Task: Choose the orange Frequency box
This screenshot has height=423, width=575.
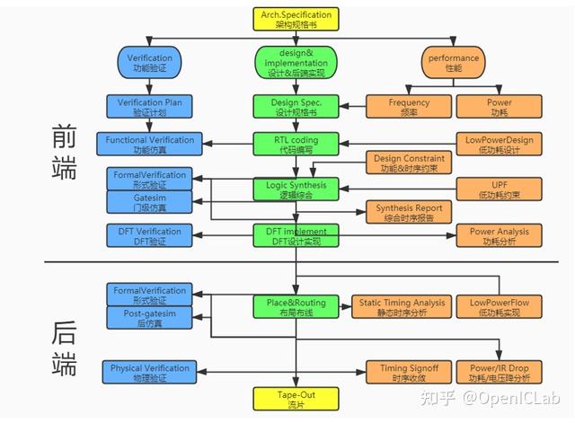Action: (409, 108)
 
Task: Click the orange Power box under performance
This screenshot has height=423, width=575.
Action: (499, 108)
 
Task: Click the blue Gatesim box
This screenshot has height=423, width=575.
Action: (145, 201)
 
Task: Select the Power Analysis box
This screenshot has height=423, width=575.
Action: (499, 235)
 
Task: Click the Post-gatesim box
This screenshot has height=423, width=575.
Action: (145, 317)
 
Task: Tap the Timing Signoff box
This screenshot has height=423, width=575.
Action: (402, 373)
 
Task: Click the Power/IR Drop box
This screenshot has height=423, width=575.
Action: (499, 373)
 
